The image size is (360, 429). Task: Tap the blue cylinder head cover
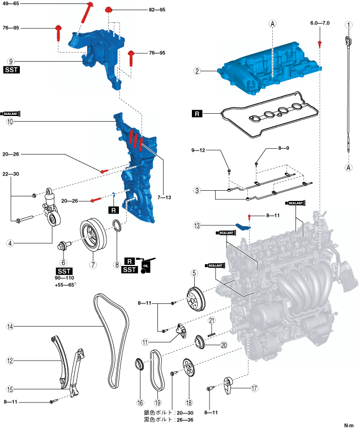click(x=266, y=67)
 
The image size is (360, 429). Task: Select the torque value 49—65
click(x=11, y=4)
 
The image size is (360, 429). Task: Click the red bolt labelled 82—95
click(x=109, y=10)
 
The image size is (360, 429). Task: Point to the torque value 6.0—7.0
click(x=319, y=24)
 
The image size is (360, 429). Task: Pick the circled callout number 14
click(x=10, y=327)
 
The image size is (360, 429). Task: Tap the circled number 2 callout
click(x=197, y=71)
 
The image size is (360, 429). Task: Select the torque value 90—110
click(x=63, y=278)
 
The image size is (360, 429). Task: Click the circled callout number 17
click(x=254, y=388)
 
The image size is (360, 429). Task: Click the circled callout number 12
click(x=10, y=360)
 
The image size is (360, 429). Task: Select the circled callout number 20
click(x=223, y=345)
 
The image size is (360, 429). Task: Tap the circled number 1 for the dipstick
click(x=349, y=24)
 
